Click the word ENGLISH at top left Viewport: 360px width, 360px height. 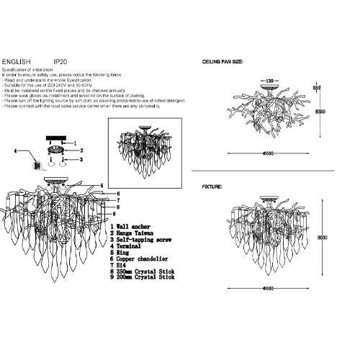(x=17, y=63)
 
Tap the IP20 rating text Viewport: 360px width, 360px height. (x=60, y=63)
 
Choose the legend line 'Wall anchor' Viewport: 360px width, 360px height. (x=132, y=227)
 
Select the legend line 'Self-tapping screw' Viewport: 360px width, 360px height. (x=143, y=239)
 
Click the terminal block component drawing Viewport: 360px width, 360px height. (x=32, y=165)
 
